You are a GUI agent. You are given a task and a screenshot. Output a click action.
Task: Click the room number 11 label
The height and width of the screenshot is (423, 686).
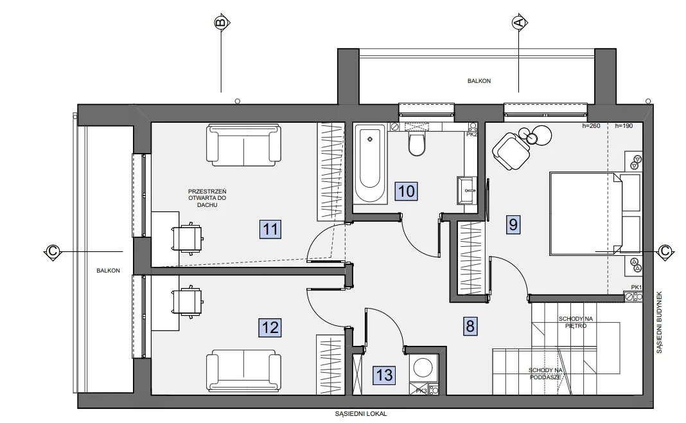(270, 229)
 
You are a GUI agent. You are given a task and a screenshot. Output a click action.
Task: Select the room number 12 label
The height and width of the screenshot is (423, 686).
(270, 328)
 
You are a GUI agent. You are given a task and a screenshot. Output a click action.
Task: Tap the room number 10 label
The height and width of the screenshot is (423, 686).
(406, 191)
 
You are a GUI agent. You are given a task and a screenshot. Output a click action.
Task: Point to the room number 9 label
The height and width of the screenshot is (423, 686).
(513, 224)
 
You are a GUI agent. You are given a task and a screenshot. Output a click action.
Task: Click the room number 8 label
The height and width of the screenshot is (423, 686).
(470, 326)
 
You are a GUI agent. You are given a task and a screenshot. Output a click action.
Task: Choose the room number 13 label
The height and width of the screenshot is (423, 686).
(384, 375)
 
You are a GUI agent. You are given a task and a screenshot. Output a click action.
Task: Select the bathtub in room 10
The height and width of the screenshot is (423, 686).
(370, 164)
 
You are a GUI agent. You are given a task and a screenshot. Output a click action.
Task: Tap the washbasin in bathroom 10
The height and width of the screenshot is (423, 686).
(467, 190)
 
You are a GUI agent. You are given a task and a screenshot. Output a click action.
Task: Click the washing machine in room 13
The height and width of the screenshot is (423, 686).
(423, 368)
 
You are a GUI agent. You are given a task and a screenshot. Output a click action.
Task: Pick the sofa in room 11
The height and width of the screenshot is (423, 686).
(243, 145)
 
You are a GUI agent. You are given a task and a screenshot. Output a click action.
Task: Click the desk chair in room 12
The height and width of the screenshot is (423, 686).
(188, 301)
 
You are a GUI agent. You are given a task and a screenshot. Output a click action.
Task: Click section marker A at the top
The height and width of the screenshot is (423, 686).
(519, 22)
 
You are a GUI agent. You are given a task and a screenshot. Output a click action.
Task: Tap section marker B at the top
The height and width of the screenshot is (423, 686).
(221, 22)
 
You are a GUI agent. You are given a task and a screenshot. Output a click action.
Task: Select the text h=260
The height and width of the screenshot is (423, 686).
(591, 125)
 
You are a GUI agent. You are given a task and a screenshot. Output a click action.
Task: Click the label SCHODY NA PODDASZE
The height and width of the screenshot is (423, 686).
(545, 373)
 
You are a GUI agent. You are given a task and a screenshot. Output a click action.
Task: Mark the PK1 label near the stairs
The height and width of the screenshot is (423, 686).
(636, 287)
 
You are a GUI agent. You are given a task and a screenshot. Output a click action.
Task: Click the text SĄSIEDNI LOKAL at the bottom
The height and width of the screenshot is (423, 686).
(361, 413)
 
